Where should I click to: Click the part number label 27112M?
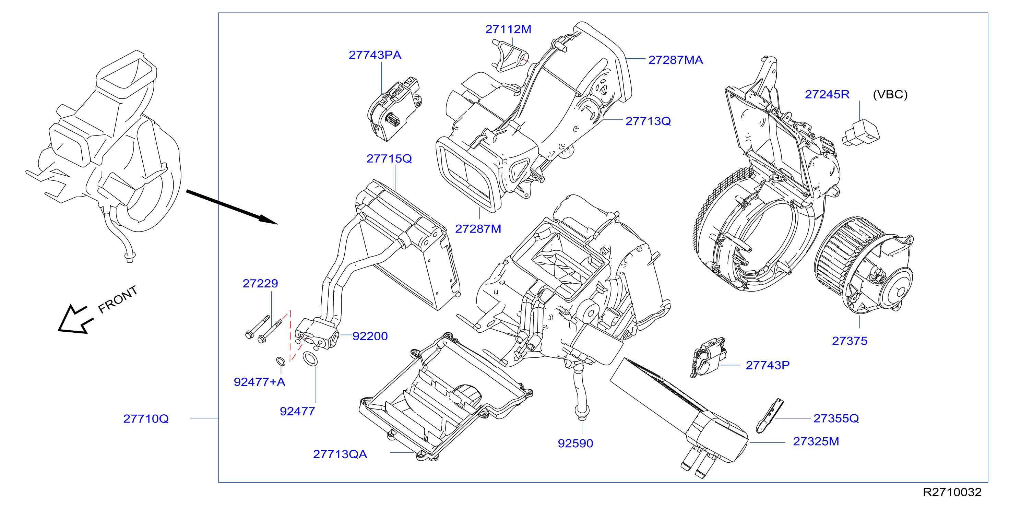pyautogui.click(x=508, y=29)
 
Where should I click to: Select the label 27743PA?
pyautogui.click(x=375, y=55)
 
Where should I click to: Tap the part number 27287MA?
pyautogui.click(x=675, y=60)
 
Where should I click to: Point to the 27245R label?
pyautogui.click(x=827, y=94)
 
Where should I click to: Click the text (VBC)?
pyautogui.click(x=890, y=94)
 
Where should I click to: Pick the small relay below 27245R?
pyautogui.click(x=860, y=132)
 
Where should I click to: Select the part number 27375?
pyautogui.click(x=850, y=341)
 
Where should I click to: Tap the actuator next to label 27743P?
pyautogui.click(x=708, y=357)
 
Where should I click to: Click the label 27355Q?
pyautogui.click(x=836, y=418)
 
